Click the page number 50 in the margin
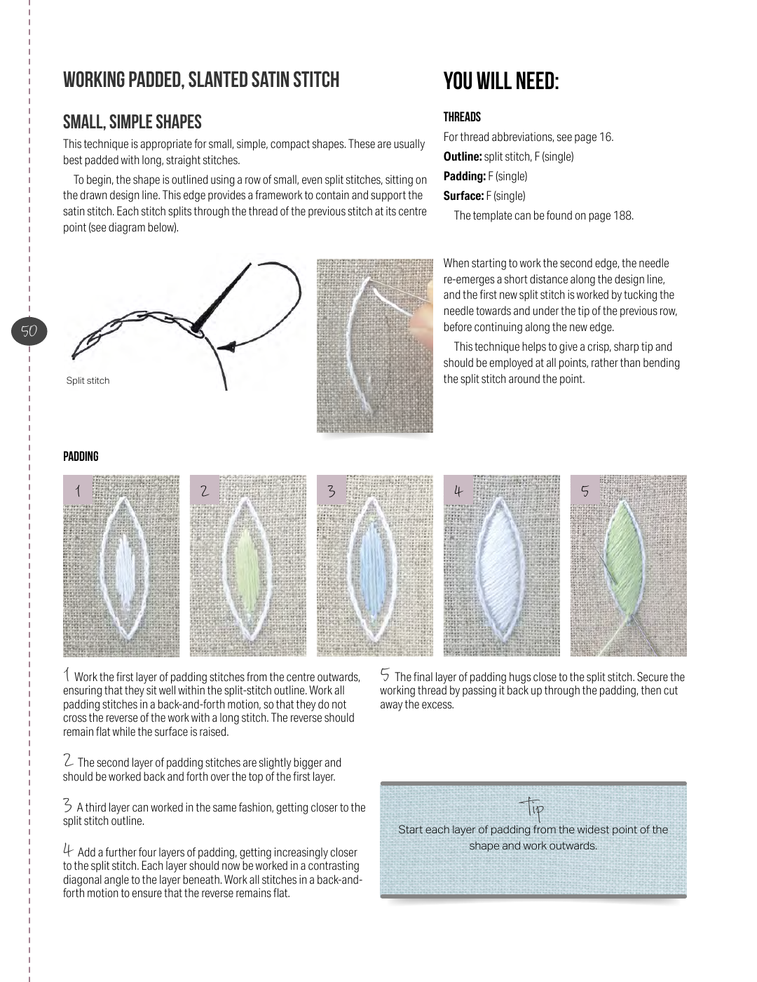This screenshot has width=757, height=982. click(29, 331)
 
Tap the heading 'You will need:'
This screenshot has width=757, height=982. click(501, 82)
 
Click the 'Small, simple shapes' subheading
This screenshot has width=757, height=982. click(132, 122)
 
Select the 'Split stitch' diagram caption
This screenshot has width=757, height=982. click(88, 380)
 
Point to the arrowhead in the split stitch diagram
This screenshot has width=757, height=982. click(229, 347)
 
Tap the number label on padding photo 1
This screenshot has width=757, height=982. click(79, 490)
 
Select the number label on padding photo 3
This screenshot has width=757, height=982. click(332, 490)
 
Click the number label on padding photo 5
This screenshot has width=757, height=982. click(585, 490)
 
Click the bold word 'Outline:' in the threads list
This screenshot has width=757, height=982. click(463, 156)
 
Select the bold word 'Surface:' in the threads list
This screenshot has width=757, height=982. click(463, 196)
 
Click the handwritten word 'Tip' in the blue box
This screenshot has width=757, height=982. click(532, 808)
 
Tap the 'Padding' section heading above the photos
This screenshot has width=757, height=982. click(81, 457)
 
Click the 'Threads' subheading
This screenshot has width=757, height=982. click(462, 117)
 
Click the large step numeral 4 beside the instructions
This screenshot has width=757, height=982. click(68, 851)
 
